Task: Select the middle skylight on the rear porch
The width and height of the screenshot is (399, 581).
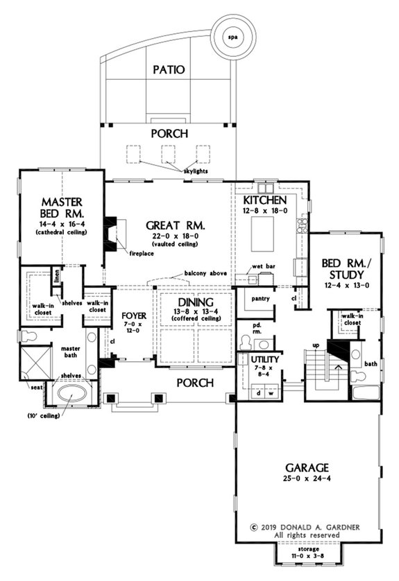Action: pyautogui.click(x=167, y=153)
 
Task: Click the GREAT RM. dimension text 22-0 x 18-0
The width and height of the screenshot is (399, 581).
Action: pyautogui.click(x=169, y=236)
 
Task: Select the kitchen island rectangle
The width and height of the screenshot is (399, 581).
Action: pyautogui.click(x=264, y=228)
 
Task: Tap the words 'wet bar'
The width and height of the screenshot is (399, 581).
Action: pyautogui.click(x=261, y=266)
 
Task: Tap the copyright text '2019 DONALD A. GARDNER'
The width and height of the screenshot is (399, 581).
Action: pyautogui.click(x=305, y=526)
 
